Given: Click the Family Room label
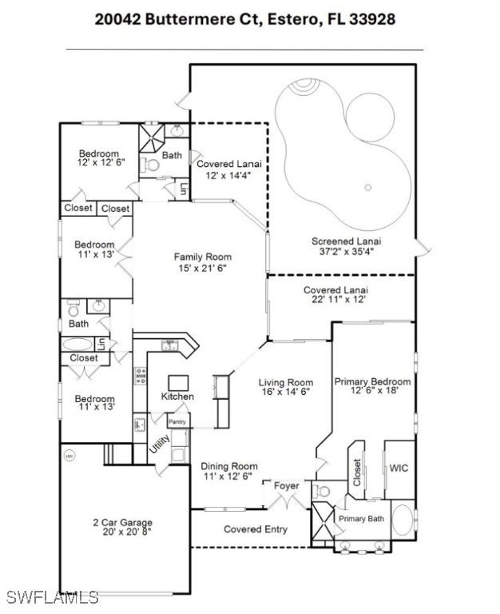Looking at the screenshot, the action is click(203, 257).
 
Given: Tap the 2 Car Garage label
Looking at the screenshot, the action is click(122, 522).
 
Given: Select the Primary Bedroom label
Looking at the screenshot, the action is click(372, 381).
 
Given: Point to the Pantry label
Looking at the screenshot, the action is click(177, 422).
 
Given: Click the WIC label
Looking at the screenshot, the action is click(399, 468).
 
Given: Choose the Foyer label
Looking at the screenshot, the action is click(287, 486).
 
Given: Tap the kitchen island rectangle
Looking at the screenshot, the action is click(178, 383).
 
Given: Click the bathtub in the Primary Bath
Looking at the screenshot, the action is click(403, 520).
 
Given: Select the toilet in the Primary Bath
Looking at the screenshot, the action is click(323, 491).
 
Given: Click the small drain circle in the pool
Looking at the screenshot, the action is click(367, 188).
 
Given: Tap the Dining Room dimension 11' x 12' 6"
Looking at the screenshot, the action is click(228, 476).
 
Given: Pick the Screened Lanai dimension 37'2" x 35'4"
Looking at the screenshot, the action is click(347, 251).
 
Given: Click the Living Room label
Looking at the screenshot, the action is click(286, 382).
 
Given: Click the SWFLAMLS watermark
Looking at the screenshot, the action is click(52, 597).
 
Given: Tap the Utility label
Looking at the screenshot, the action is click(160, 444).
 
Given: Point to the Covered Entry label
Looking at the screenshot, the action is click(256, 529).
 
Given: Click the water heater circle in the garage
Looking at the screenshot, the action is click(69, 456).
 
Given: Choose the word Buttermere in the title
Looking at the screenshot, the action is click(191, 19).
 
